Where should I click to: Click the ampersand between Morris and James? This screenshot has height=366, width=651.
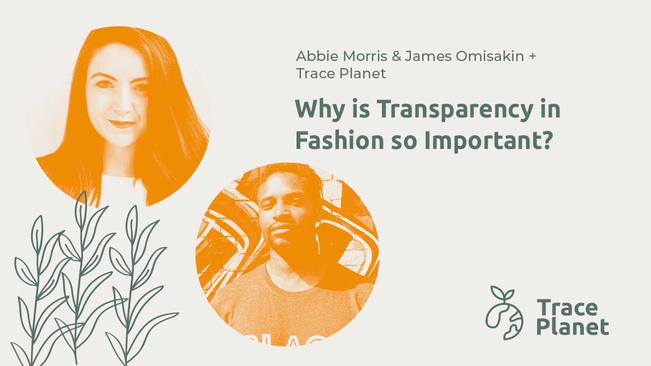coord(396,56)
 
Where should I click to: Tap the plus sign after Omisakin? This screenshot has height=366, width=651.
coord(532,57)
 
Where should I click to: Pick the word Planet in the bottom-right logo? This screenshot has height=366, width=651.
coord(573,327)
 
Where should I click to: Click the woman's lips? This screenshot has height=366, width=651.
coord(122,124)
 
